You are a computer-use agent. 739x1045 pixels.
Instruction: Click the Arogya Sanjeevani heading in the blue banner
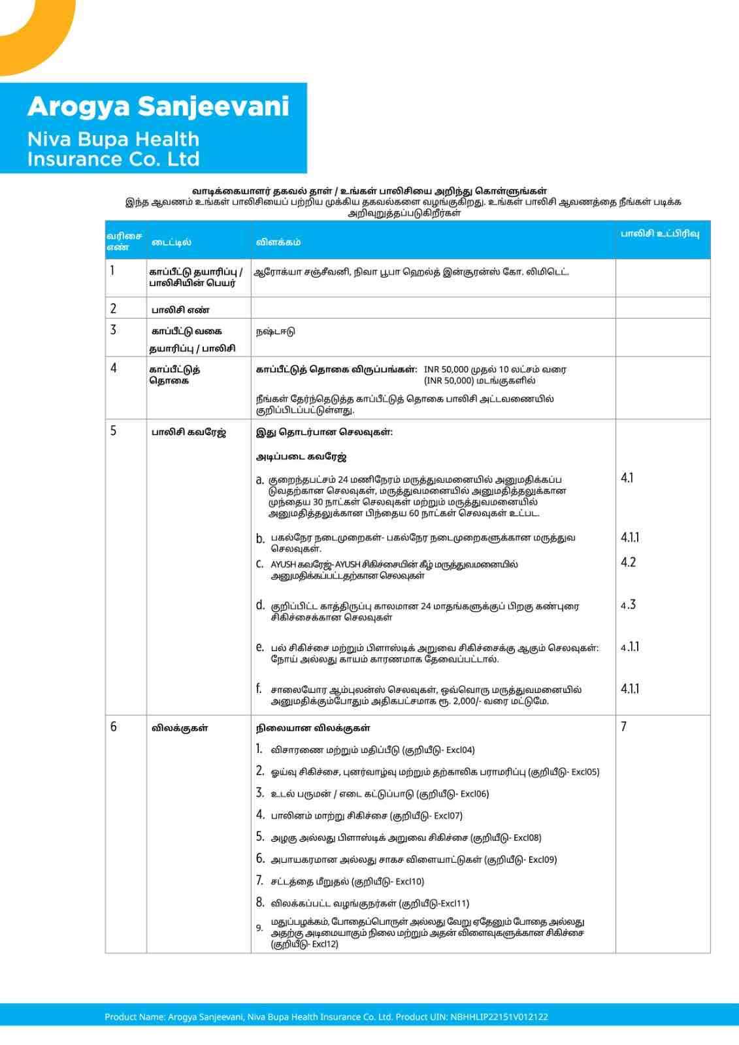click(158, 106)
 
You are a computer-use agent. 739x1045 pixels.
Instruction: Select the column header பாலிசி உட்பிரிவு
click(659, 233)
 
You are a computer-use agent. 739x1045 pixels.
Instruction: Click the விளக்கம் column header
click(278, 242)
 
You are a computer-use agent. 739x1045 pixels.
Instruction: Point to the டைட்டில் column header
click(171, 242)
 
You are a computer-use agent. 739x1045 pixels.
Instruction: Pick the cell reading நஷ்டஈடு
click(275, 331)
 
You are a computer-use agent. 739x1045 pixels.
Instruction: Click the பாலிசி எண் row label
click(180, 310)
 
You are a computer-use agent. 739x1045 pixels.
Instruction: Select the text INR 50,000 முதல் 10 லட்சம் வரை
click(495, 369)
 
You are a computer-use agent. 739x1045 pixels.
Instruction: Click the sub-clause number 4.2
click(628, 562)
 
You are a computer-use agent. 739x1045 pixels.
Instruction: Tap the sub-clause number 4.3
click(628, 605)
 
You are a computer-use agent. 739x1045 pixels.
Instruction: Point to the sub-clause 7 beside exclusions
click(623, 726)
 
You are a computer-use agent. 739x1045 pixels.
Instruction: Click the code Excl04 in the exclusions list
click(461, 750)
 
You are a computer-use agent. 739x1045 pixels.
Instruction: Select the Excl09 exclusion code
click(542, 860)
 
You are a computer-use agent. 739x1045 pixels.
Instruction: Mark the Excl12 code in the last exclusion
click(325, 944)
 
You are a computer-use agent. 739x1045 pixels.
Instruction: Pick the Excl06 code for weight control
click(474, 794)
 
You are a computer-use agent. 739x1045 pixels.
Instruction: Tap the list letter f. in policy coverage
click(259, 689)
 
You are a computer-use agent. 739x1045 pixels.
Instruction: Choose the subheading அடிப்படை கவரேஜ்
click(301, 457)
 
